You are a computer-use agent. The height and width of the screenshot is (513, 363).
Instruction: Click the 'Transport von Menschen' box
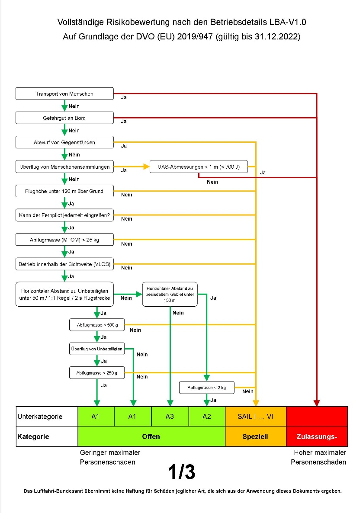pyautogui.click(x=64, y=93)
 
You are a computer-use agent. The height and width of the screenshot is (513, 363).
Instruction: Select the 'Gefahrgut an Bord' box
pyautogui.click(x=64, y=118)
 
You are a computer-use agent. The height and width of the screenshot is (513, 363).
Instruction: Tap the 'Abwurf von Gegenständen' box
pyautogui.click(x=64, y=142)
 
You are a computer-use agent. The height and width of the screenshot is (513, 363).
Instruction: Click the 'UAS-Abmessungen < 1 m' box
pyautogui.click(x=199, y=167)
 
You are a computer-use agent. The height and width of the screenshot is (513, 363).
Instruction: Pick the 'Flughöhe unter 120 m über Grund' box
pyautogui.click(x=64, y=191)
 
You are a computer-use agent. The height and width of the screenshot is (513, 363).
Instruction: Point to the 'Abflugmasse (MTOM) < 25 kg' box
pyautogui.click(x=64, y=240)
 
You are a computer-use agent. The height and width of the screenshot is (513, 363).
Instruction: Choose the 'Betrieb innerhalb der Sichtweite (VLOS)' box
pyautogui.click(x=64, y=264)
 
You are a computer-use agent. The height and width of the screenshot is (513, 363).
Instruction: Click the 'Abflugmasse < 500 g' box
pyautogui.click(x=97, y=324)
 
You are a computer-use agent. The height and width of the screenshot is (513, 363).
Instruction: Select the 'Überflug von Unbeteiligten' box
pyautogui.click(x=97, y=349)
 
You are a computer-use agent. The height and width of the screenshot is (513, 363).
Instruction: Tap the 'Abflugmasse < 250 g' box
pyautogui.click(x=97, y=372)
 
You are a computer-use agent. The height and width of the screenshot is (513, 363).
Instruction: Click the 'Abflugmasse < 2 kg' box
pyautogui.click(x=206, y=388)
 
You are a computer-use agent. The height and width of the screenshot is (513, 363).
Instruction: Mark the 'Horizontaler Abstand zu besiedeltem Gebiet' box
pyautogui.click(x=170, y=294)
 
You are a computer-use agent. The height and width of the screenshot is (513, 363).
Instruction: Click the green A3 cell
pyautogui.click(x=170, y=417)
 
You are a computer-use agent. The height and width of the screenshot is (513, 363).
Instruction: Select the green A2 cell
pyautogui.click(x=207, y=417)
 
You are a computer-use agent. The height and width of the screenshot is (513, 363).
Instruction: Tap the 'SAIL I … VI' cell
pyautogui.click(x=256, y=417)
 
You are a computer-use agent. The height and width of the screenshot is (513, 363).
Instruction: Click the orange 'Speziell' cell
pyautogui.click(x=256, y=436)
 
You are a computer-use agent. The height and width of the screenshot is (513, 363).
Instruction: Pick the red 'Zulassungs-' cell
pyautogui.click(x=317, y=436)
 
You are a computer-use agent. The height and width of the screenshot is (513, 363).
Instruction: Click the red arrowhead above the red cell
pyautogui.click(x=317, y=403)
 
